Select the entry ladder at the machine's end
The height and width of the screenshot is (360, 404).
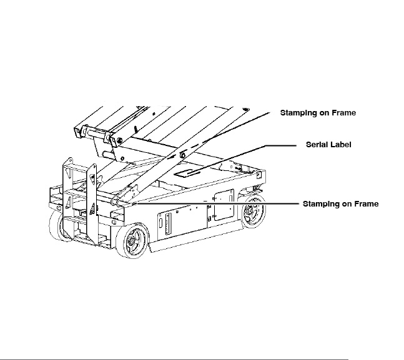click(80, 200)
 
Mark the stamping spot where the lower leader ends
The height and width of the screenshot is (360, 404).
click(127, 203)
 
